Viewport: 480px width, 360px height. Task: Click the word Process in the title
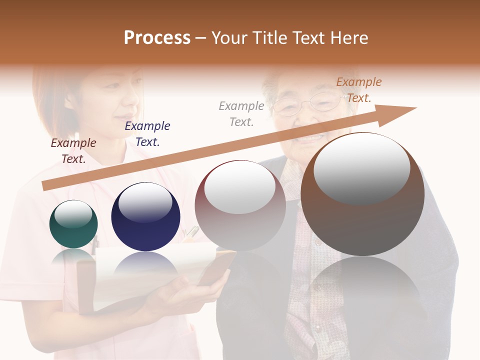click(157, 38)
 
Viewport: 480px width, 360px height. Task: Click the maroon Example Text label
click(73, 151)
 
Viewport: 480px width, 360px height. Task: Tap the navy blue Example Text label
click(147, 134)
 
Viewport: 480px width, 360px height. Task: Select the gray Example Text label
click(241, 114)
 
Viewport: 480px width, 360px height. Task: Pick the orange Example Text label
click(358, 90)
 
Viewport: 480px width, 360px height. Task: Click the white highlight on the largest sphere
click(361, 168)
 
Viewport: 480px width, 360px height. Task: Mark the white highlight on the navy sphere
click(145, 202)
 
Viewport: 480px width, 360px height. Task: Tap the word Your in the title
click(229, 38)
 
